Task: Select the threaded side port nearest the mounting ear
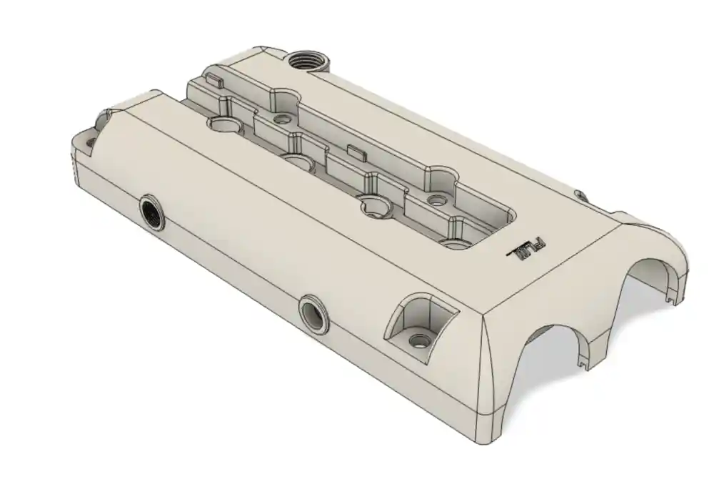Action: pyautogui.click(x=152, y=212)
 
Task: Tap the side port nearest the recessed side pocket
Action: pyautogui.click(x=313, y=313)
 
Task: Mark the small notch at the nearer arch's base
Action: pyautogui.click(x=585, y=365)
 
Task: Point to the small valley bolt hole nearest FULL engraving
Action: pyautogui.click(x=433, y=200)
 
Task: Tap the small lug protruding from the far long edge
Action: pyautogui.click(x=580, y=195)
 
